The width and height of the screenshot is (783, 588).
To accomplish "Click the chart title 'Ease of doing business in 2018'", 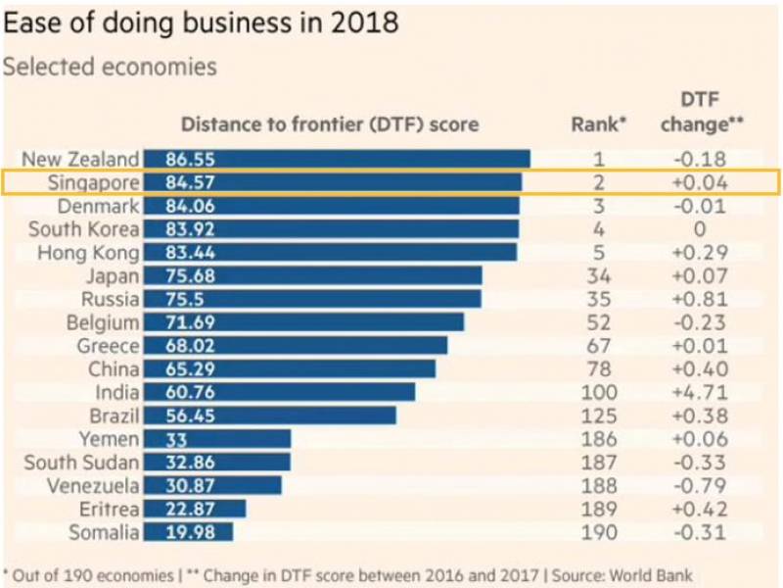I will [x=201, y=23].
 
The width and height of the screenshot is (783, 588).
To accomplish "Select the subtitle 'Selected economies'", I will [x=110, y=68].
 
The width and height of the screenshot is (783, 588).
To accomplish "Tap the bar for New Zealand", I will [x=337, y=159].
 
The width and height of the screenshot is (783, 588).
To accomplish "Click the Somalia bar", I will [x=188, y=532].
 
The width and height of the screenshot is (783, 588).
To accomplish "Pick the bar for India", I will [x=279, y=392].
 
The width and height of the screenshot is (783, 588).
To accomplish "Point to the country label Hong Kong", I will [x=92, y=252].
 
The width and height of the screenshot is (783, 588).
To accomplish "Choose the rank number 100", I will [x=599, y=392].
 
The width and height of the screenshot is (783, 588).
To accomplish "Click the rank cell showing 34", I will [x=599, y=275].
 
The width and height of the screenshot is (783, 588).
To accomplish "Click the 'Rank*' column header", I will [x=598, y=124].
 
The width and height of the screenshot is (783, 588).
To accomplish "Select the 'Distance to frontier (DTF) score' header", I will [x=330, y=124].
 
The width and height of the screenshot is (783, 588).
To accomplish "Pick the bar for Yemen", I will [x=216, y=439].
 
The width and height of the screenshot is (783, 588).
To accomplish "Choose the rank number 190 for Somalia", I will [x=599, y=532].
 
